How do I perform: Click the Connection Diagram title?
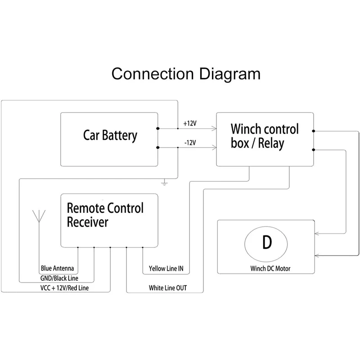tap(185, 73)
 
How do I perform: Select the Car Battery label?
tap(110, 135)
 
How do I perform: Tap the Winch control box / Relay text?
tap(265, 136)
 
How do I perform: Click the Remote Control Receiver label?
tap(105, 215)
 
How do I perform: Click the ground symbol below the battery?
tap(165, 182)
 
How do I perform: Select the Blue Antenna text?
tap(57, 268)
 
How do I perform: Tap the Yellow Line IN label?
tap(166, 269)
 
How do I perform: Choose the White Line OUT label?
tap(168, 288)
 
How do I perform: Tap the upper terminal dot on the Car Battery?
tap(157, 129)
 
